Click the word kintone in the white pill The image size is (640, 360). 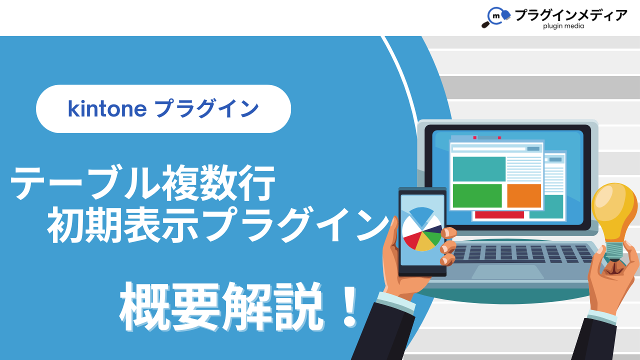(x=107, y=109)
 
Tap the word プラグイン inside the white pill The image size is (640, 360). (x=206, y=108)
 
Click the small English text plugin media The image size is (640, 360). (x=563, y=26)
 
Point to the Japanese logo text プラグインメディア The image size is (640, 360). (x=571, y=15)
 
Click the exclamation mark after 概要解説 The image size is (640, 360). (x=349, y=307)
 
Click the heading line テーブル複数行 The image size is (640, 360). (x=142, y=183)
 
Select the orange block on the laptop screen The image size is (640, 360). (x=524, y=195)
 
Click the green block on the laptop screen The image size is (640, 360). (x=477, y=195)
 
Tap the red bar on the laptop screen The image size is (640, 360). (x=499, y=215)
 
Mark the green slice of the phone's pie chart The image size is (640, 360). (x=433, y=237)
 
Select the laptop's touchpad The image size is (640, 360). (x=507, y=271)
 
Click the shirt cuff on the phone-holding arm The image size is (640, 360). (x=395, y=301)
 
